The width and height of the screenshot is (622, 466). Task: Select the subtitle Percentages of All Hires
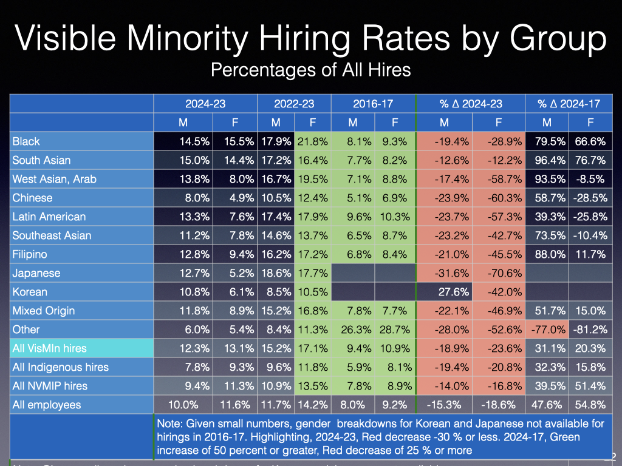[x=310, y=70]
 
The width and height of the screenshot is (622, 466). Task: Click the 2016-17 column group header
[x=373, y=104]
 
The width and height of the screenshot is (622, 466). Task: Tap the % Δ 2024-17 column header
[x=569, y=104]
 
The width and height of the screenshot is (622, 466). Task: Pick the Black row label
[x=26, y=141]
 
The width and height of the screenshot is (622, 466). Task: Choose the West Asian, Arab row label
[x=54, y=179]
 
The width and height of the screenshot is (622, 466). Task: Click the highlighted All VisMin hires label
[x=49, y=348]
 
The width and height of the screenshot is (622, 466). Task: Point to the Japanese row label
[x=36, y=273]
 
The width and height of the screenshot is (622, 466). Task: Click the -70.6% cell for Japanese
[x=505, y=273]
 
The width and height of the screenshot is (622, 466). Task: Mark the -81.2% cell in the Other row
[x=589, y=329]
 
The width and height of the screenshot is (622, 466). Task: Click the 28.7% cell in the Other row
[x=395, y=329]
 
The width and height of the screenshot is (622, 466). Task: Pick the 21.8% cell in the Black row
[x=312, y=141]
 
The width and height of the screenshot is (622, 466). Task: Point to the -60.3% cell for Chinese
[x=505, y=198]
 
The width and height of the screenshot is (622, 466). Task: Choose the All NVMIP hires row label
[x=50, y=386]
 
